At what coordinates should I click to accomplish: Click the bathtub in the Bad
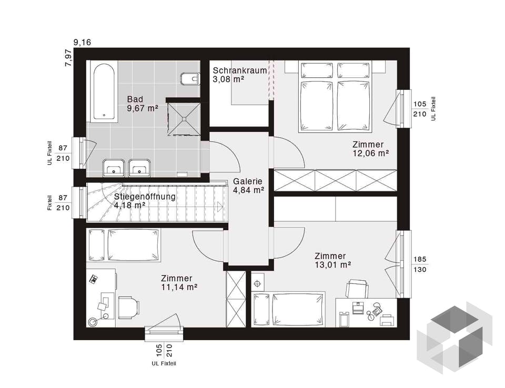click(104, 92)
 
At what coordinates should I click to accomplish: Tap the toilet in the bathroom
click(190, 78)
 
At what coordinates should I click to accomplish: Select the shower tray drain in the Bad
click(184, 119)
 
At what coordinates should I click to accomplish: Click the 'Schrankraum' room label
click(240, 70)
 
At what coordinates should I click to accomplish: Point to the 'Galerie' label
click(248, 181)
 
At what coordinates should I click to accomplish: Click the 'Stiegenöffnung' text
click(145, 197)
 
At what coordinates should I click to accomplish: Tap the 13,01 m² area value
click(332, 264)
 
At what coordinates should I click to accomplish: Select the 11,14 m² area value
click(179, 287)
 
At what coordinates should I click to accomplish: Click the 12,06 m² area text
click(371, 154)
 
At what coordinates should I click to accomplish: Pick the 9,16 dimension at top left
click(83, 42)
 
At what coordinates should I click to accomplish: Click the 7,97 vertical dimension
click(69, 58)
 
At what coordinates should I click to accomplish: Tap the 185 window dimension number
click(420, 259)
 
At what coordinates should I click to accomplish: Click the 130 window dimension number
click(420, 270)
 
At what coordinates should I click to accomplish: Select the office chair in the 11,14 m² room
click(129, 307)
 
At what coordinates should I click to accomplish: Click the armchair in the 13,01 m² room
click(357, 289)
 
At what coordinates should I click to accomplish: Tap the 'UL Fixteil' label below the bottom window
click(164, 363)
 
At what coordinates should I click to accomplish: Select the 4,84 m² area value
click(249, 190)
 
